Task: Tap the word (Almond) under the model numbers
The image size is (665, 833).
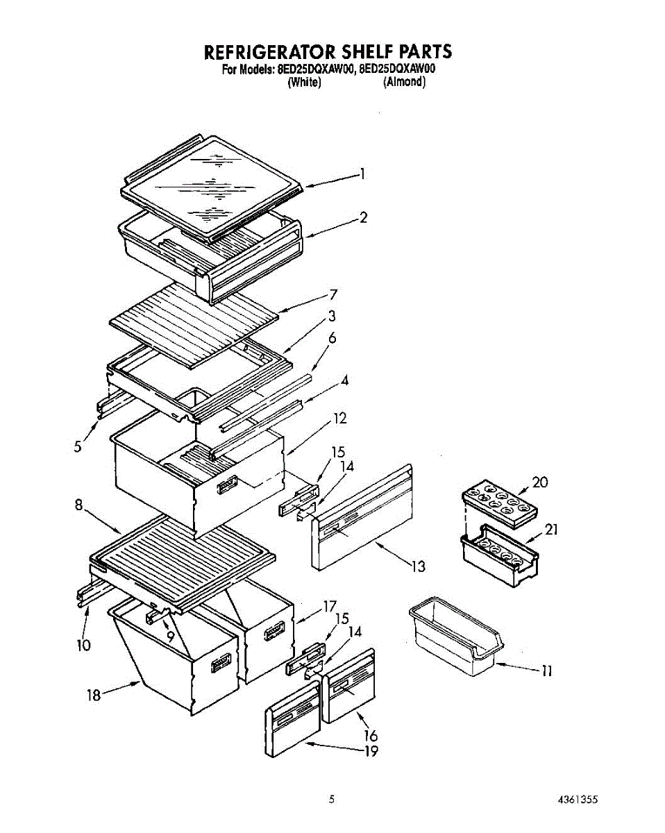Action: (404, 82)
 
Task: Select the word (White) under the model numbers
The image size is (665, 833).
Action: (303, 82)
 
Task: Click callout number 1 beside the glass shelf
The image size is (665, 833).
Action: (362, 175)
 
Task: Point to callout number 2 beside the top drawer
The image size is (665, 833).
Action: (364, 218)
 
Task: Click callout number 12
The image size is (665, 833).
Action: (339, 419)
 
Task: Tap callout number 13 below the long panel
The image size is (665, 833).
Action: (417, 566)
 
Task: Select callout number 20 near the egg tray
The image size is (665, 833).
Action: (539, 482)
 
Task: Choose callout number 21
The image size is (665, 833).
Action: (551, 530)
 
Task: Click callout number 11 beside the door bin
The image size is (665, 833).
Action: (547, 671)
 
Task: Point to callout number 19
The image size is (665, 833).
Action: (371, 751)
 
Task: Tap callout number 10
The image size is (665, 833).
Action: (83, 645)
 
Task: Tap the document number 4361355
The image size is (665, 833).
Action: (578, 800)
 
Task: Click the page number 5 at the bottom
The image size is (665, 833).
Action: (332, 800)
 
